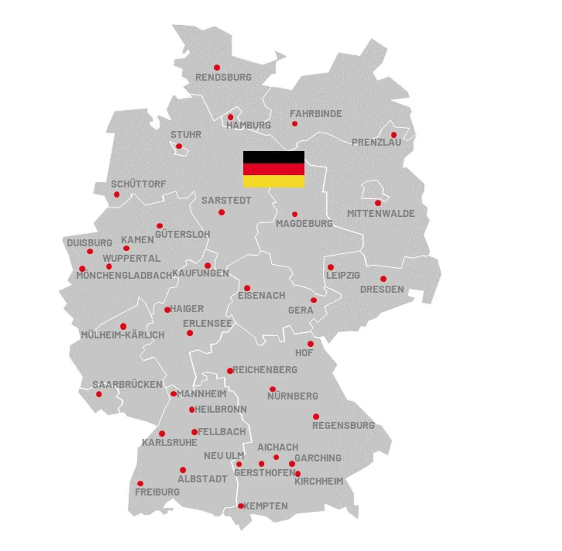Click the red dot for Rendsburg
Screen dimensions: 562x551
tap(217, 67)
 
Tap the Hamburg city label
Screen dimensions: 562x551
tap(248, 125)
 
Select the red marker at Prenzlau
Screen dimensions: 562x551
tap(394, 135)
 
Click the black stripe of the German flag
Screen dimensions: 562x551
tap(274, 157)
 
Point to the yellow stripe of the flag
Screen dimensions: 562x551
tap(274, 181)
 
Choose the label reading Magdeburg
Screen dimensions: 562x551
tap(304, 224)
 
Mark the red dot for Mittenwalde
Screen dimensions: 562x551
tap(378, 203)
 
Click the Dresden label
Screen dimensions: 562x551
tap(382, 289)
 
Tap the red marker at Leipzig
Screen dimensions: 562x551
tap(330, 267)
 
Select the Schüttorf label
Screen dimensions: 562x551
tap(138, 184)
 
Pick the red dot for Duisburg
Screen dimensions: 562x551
tap(90, 252)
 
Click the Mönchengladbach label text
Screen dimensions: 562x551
tap(124, 276)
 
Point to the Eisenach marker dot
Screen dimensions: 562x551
tap(247, 288)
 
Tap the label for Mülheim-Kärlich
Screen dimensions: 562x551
tap(122, 335)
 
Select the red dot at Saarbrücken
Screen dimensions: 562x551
tap(99, 394)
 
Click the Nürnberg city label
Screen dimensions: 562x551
tap(293, 396)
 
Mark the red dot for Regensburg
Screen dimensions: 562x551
tap(316, 417)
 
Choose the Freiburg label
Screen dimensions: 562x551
tap(157, 492)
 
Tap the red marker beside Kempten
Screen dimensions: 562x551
tap(240, 506)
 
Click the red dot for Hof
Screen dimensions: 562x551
tap(310, 344)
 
